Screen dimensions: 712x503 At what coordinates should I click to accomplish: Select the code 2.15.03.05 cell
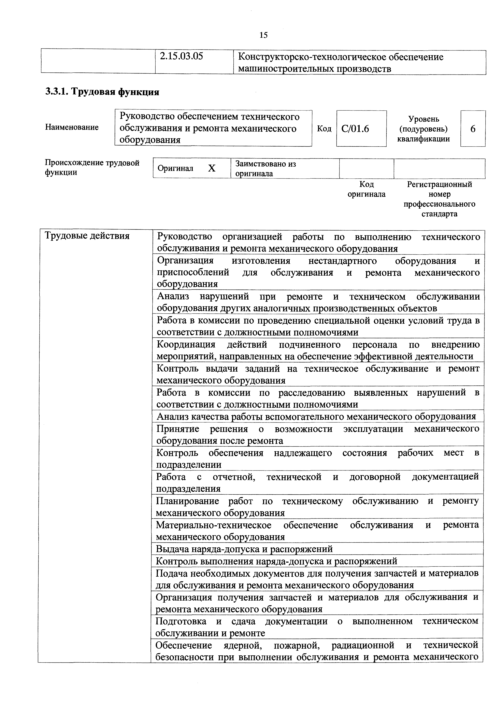pyautogui.click(x=181, y=56)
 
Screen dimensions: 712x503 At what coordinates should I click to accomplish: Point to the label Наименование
pyautogui.click(x=72, y=127)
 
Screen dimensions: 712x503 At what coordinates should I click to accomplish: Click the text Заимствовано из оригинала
pyautogui.click(x=266, y=168)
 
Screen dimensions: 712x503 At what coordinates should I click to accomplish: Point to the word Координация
pyautogui.click(x=186, y=344)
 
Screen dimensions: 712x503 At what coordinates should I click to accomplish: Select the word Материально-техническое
pyautogui.click(x=214, y=525)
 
